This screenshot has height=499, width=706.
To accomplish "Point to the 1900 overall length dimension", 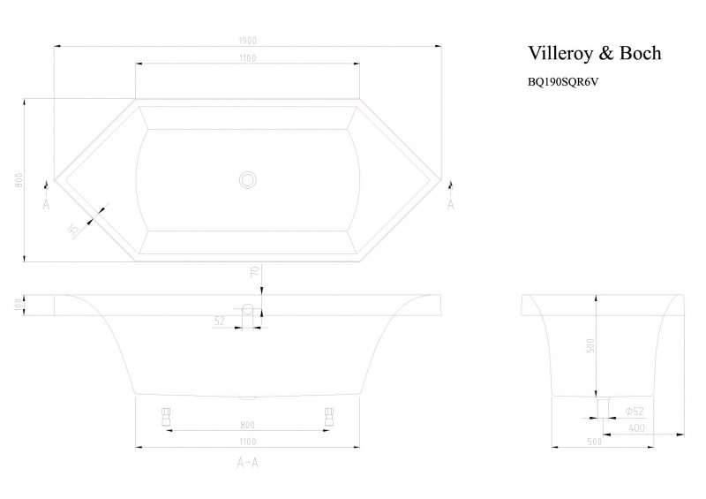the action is point(247,39).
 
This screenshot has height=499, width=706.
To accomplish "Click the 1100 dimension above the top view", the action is point(247,57).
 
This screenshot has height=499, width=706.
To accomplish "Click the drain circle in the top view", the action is point(247,180).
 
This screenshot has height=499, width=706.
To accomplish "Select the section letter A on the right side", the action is point(450,204).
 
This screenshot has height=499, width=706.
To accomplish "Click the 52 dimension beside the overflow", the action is point(220,321).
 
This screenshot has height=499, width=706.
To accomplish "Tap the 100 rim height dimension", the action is point(19,304).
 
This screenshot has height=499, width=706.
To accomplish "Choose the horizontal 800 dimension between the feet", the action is point(247,424).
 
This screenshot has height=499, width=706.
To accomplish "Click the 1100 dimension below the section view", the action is point(247,441).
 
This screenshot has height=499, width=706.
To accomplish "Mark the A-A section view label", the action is point(247,462).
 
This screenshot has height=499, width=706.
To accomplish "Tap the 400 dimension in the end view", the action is point(637,427).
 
